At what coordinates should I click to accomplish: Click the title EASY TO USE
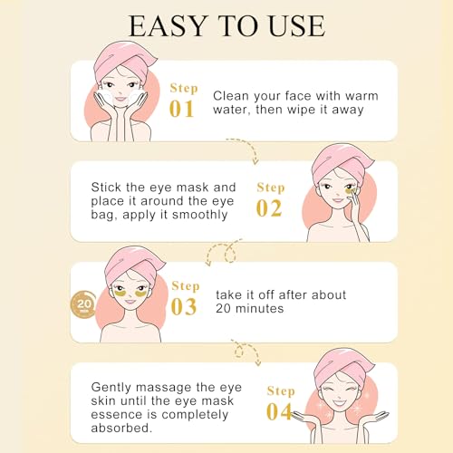226,26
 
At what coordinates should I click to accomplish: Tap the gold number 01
181,109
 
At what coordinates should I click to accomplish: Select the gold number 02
270,209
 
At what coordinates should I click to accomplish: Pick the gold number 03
184,307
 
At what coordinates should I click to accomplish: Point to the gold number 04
280,412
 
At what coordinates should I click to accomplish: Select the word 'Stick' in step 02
107,188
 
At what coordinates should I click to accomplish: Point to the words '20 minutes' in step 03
251,308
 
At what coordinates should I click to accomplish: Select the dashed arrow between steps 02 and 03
215,254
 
